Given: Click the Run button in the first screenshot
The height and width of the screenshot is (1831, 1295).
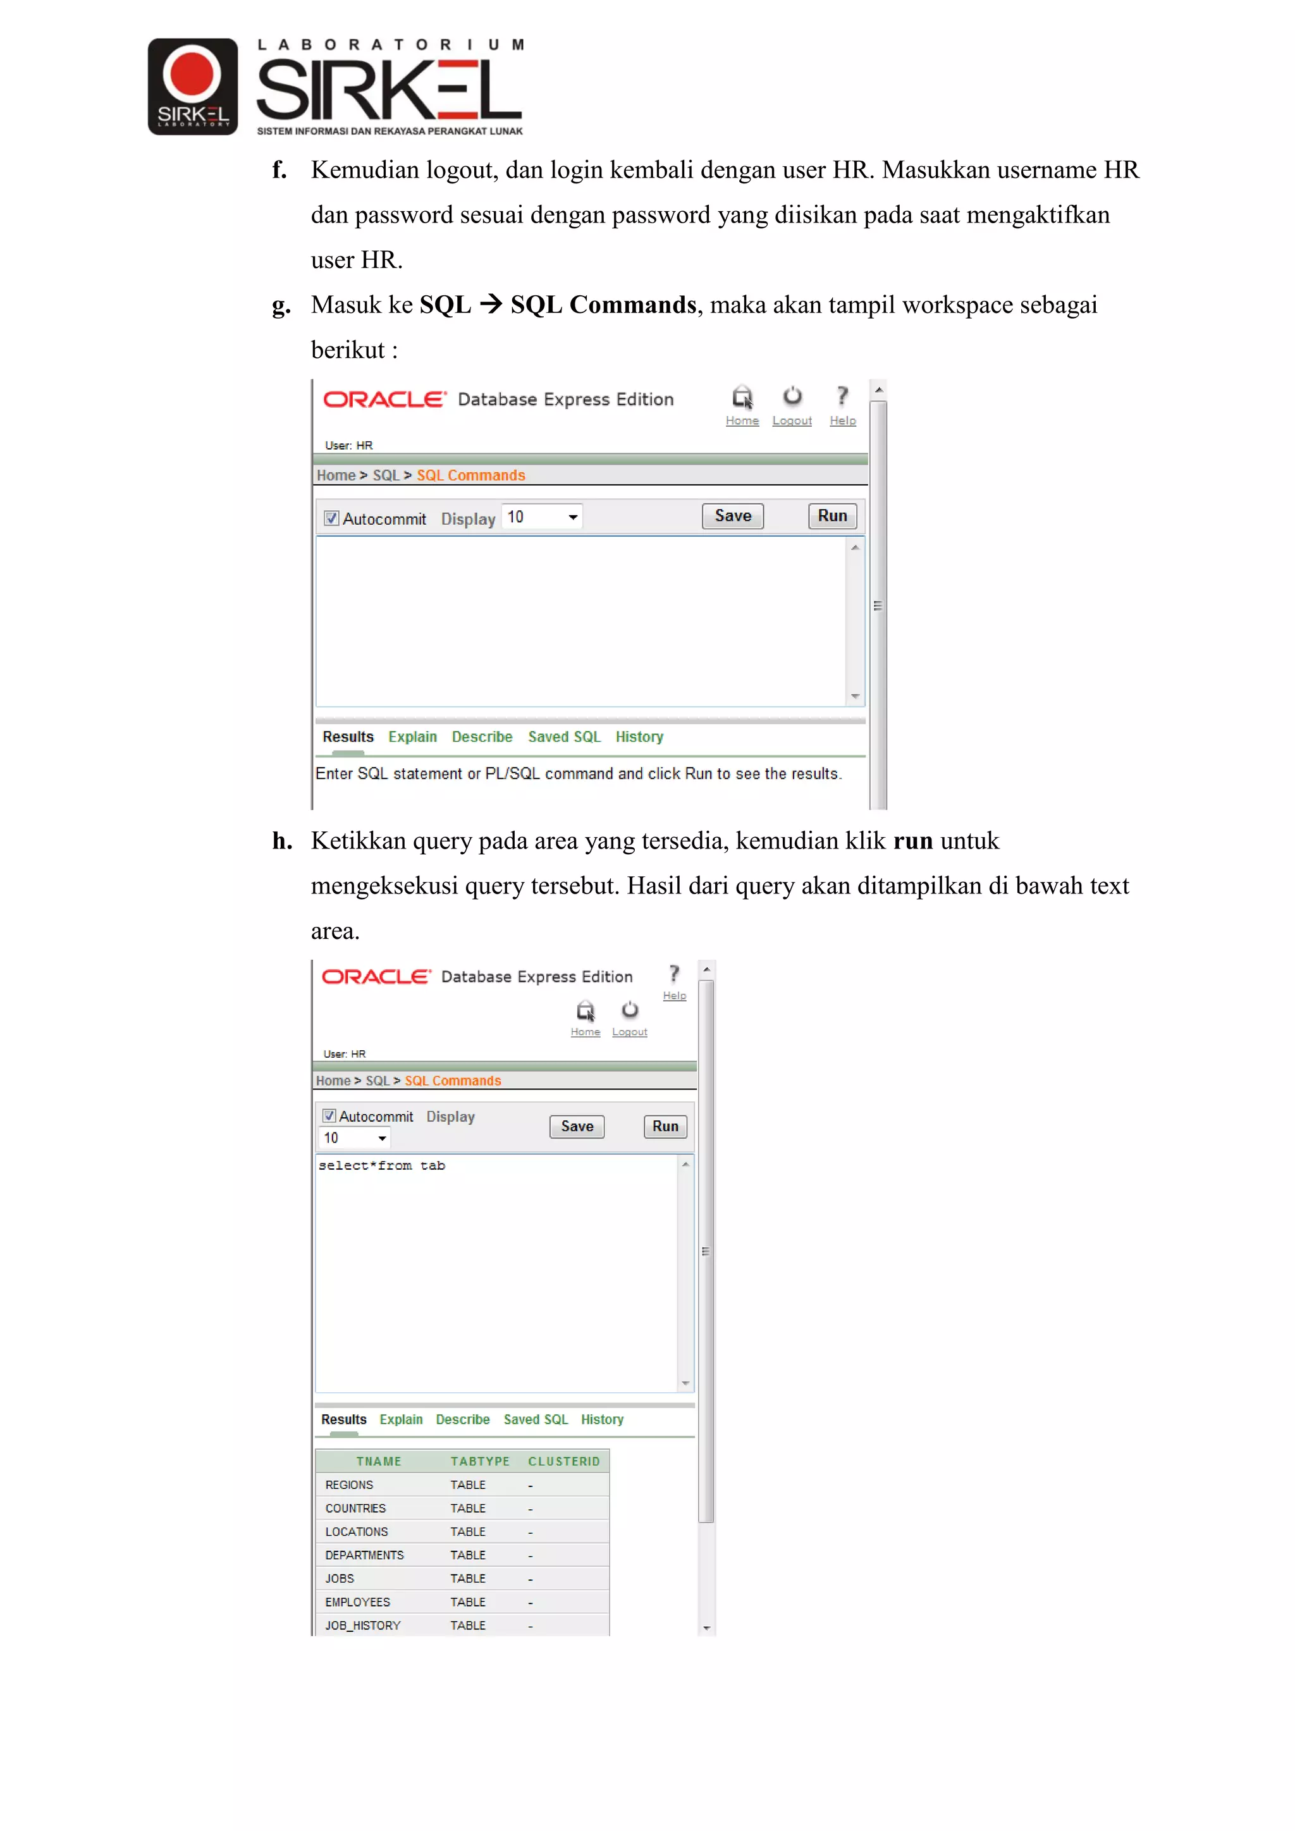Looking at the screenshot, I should [x=832, y=516].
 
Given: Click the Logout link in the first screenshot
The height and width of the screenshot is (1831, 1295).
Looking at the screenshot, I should [x=792, y=420].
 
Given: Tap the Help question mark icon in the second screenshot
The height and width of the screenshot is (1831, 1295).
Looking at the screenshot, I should [x=675, y=974].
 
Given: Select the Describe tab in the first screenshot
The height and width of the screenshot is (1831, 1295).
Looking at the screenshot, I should [x=482, y=737].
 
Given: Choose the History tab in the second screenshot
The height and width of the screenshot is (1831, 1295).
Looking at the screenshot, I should [x=602, y=1419].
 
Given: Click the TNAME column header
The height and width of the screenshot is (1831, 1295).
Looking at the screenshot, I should [x=379, y=1461].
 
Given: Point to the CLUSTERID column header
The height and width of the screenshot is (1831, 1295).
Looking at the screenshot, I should [x=564, y=1461].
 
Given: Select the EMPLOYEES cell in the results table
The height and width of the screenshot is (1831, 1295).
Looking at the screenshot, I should [x=358, y=1602].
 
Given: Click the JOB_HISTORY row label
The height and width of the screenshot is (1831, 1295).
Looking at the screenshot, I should [x=363, y=1626].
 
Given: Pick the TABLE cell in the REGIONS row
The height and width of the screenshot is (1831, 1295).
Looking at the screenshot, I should [x=468, y=1485].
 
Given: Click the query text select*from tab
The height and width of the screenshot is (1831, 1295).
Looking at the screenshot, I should [x=382, y=1166].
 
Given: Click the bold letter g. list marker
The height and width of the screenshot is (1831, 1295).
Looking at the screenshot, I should [x=281, y=305].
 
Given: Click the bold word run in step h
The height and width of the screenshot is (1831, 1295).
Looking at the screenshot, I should [x=913, y=840].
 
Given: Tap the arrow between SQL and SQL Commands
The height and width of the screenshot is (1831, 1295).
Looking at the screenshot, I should [x=491, y=304].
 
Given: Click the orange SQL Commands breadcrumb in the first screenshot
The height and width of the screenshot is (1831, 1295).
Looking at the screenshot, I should [x=470, y=475].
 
